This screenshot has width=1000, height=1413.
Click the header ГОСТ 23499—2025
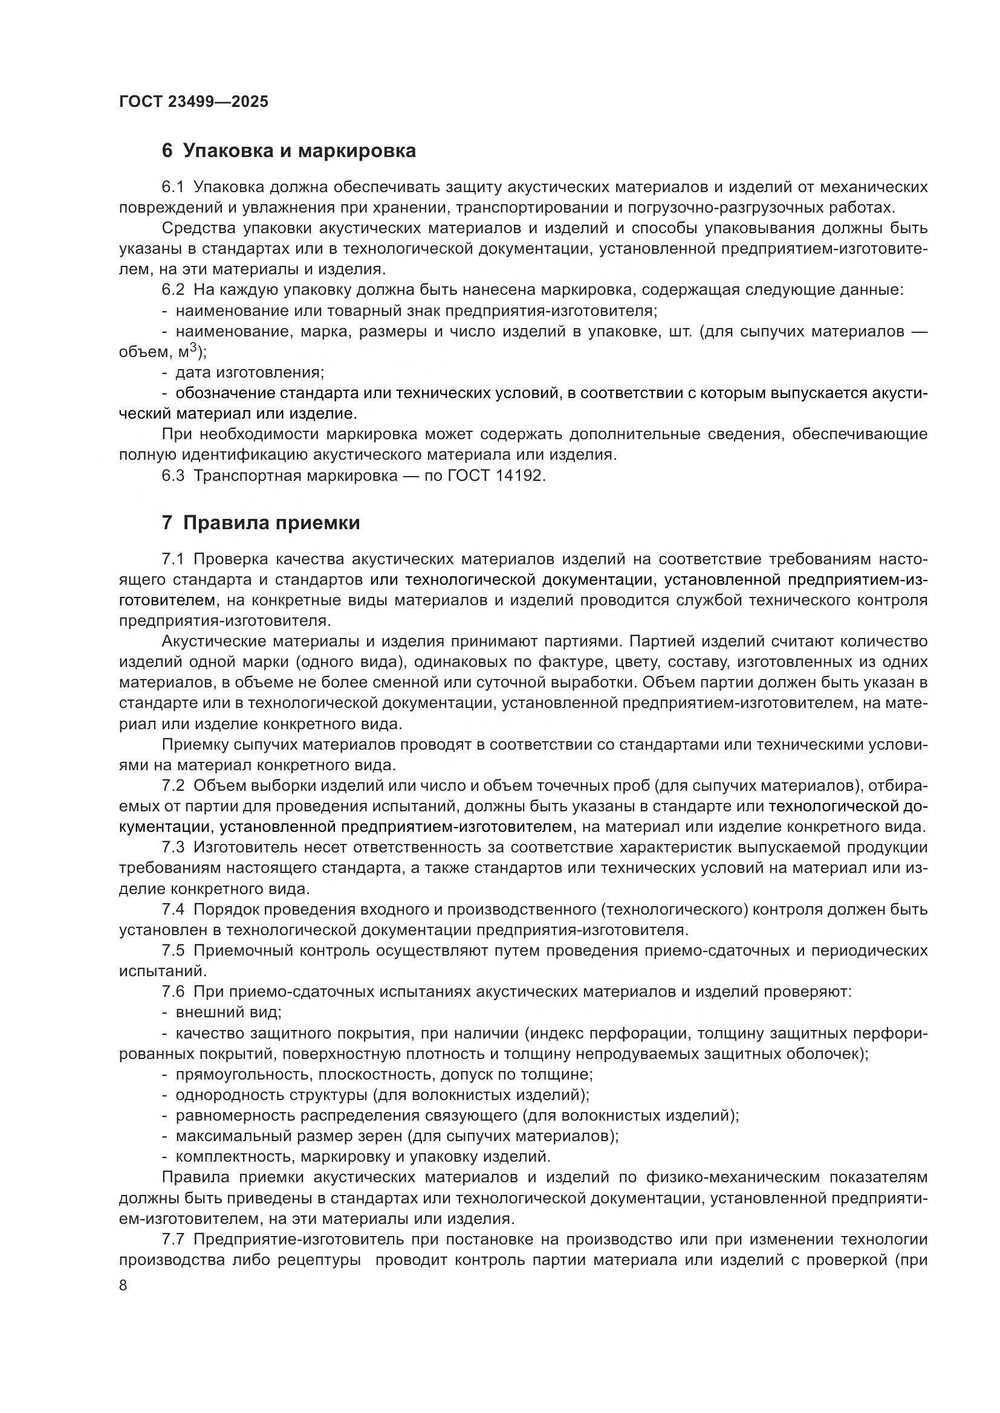coord(193,102)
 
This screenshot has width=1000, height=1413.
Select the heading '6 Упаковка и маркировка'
coord(289,151)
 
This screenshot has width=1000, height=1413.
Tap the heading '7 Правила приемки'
coord(261,523)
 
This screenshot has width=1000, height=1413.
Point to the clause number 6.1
coord(173,187)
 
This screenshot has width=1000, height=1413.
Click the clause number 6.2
coord(173,291)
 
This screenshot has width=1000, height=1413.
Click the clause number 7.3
coord(173,848)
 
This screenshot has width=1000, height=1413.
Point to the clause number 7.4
coord(173,910)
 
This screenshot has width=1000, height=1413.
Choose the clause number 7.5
coord(173,951)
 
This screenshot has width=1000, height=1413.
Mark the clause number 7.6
coord(173,992)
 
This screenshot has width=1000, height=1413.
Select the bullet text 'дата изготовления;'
coord(249,373)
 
